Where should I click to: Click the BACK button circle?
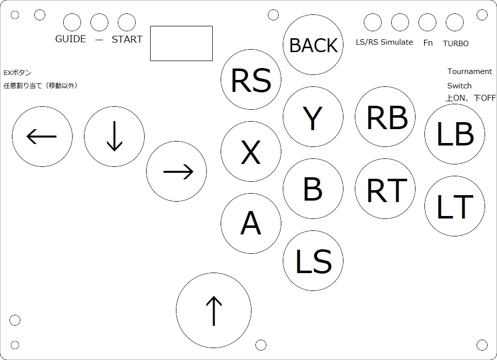pos(313,45)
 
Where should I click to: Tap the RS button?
pos(251,80)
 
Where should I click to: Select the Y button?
pos(313,117)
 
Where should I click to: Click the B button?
pos(313,189)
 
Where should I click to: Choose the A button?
pos(251,223)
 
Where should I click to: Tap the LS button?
pos(313,261)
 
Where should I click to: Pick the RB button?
pos(385,117)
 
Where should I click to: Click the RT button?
pos(385,189)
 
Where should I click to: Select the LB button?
pos(455,134)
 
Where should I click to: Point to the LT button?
pos(455,206)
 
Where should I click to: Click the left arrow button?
pos(42,137)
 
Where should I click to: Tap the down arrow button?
pos(114,137)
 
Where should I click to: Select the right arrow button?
pos(176,172)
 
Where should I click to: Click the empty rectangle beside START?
pos(181,43)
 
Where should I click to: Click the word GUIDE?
pos(71,39)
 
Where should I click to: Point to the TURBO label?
pos(456,44)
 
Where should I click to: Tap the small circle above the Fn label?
pos(427,22)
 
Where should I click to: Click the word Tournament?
pos(470,72)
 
